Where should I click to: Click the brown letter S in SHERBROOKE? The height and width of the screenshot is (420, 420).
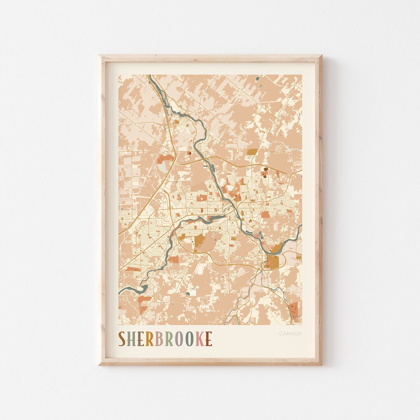122,339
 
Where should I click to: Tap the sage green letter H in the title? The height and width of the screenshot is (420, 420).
132,339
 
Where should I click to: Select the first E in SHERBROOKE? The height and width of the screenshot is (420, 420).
142,339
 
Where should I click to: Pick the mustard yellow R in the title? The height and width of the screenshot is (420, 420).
150,339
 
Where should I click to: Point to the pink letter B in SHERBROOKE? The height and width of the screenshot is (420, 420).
159,339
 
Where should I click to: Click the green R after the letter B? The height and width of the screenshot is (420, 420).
168,339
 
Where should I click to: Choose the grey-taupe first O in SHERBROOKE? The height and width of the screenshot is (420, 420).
178,339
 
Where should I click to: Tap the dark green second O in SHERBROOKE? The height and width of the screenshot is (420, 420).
189,339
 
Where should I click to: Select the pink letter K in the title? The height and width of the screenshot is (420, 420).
199,339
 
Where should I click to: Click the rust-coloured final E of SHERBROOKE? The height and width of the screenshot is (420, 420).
208,339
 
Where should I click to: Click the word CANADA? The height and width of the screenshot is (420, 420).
290,333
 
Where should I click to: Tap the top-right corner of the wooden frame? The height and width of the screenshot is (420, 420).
321,56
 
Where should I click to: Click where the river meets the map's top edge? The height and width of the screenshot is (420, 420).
149,76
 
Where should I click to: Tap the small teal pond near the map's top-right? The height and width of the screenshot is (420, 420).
257,79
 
